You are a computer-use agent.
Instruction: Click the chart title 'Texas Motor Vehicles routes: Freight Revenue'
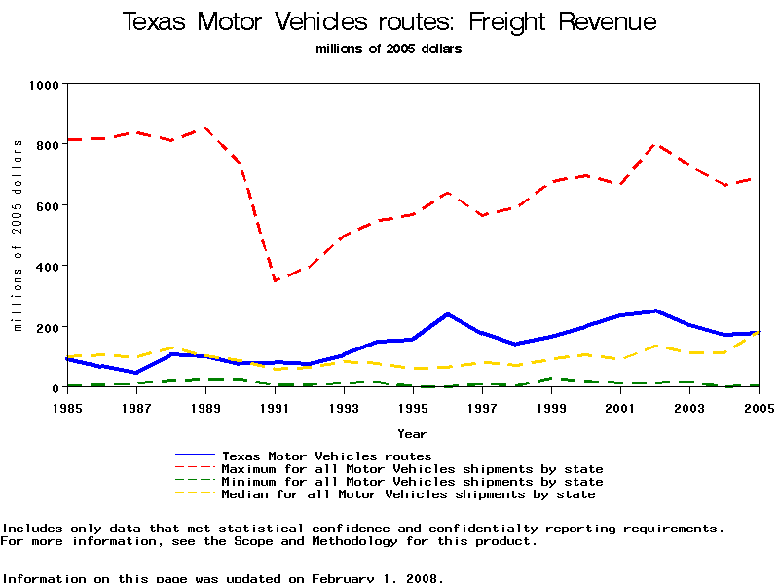[x=389, y=22]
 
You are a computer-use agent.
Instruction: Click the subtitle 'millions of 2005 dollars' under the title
[x=389, y=48]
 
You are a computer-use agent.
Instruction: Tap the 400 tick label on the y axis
[x=47, y=266]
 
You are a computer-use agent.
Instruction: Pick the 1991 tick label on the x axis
[x=274, y=406]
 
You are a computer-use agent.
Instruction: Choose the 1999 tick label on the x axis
[x=552, y=406]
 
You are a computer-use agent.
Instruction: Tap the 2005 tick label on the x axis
[x=759, y=406]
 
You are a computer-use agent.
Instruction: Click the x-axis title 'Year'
[x=412, y=433]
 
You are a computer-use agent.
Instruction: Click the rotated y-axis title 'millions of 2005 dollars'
[x=18, y=235]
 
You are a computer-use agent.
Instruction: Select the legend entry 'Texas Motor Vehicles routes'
[x=326, y=456]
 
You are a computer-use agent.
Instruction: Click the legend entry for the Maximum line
[x=412, y=469]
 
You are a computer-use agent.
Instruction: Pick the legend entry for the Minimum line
[x=412, y=482]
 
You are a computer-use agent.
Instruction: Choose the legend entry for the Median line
[x=408, y=494]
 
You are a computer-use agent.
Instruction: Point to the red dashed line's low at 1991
[x=275, y=280]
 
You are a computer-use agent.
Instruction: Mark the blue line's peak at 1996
[x=448, y=313]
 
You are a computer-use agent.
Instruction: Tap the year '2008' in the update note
[x=420, y=578]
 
